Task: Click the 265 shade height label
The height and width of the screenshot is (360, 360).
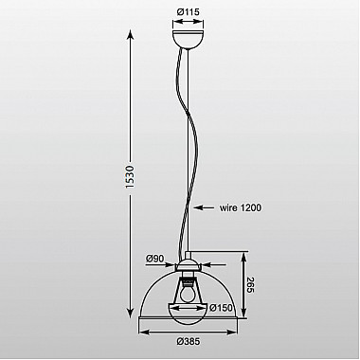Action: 248,285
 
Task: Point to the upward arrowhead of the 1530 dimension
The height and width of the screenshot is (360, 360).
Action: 128,31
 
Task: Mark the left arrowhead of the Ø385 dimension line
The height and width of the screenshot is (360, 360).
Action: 143,330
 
